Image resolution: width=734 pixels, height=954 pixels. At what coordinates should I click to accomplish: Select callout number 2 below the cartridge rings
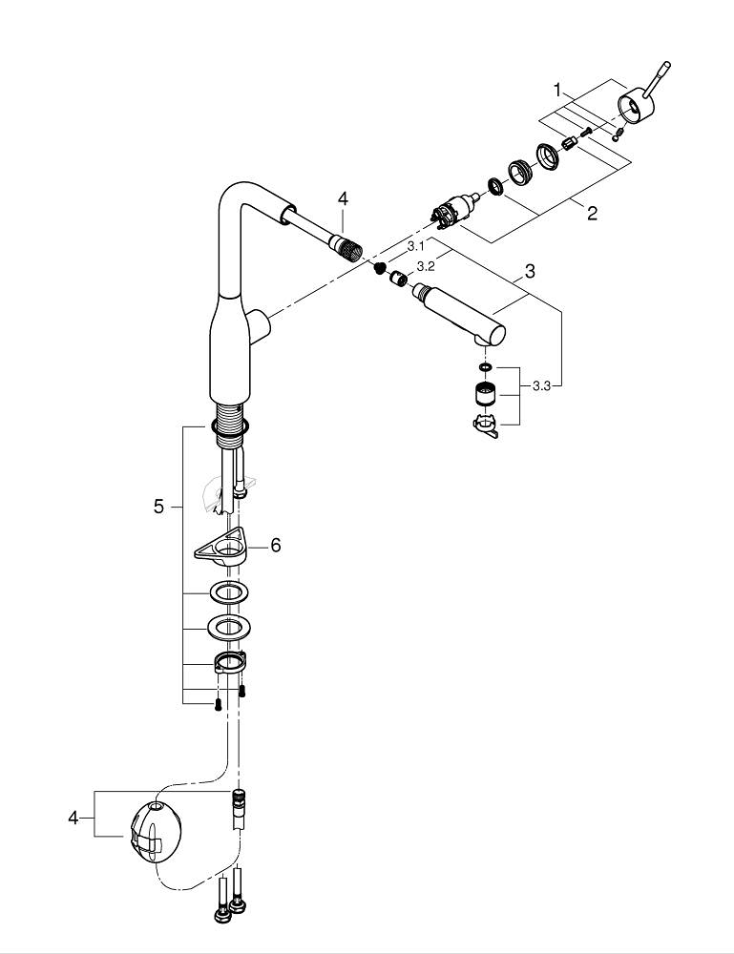tap(592, 214)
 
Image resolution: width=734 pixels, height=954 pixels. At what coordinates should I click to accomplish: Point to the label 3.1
tap(415, 246)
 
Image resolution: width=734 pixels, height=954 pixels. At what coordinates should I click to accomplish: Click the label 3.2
tap(426, 266)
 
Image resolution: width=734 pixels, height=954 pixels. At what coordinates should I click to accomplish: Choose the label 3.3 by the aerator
tap(542, 385)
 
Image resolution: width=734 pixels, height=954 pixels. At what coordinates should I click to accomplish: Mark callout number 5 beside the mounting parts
tap(158, 507)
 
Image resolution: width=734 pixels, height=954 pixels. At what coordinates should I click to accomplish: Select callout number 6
tap(275, 545)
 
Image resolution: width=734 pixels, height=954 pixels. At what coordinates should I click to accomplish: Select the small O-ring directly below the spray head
tap(486, 366)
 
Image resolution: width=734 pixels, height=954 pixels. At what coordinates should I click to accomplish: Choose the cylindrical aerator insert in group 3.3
tap(486, 393)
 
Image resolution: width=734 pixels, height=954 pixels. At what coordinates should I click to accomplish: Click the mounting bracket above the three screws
tap(229, 662)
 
